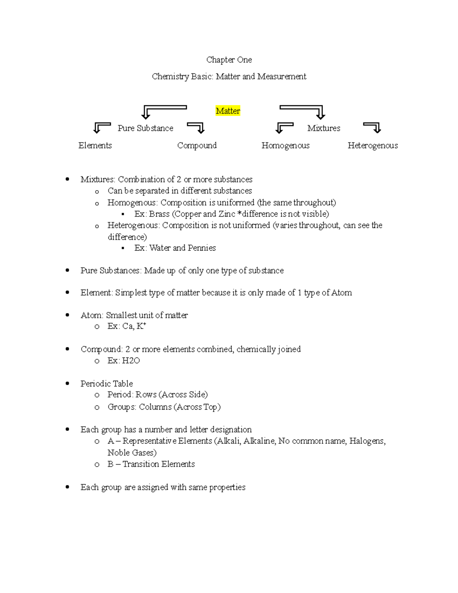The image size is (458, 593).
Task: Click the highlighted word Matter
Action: click(228, 111)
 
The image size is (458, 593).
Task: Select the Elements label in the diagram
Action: click(95, 145)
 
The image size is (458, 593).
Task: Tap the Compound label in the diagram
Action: click(197, 145)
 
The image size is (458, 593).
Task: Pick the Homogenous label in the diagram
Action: click(285, 145)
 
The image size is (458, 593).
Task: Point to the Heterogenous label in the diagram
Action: click(373, 145)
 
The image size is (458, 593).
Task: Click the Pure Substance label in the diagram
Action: click(145, 128)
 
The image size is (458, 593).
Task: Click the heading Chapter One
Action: click(229, 60)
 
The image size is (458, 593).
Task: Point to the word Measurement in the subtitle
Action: click(282, 77)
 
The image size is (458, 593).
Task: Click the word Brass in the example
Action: click(159, 214)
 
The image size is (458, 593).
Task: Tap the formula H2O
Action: click(131, 360)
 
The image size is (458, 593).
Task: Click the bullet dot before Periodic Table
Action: click(68, 383)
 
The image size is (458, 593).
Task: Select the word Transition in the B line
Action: click(140, 464)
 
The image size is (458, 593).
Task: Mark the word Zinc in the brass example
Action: click(227, 214)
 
